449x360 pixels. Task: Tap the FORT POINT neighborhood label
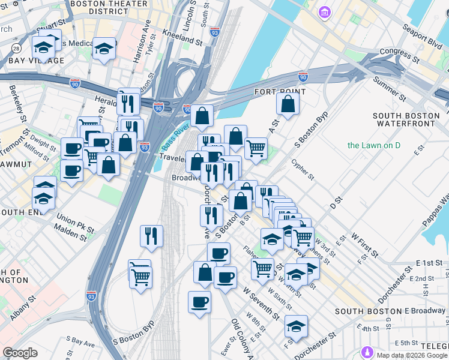280,92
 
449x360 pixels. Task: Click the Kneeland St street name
182,37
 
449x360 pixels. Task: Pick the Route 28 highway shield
16,48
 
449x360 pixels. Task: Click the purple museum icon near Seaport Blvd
325,12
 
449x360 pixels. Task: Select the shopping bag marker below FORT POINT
288,104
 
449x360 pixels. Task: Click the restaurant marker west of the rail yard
152,236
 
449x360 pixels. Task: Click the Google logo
20,352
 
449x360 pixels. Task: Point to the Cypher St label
303,169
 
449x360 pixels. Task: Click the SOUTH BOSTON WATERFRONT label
403,119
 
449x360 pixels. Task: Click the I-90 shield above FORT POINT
303,76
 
